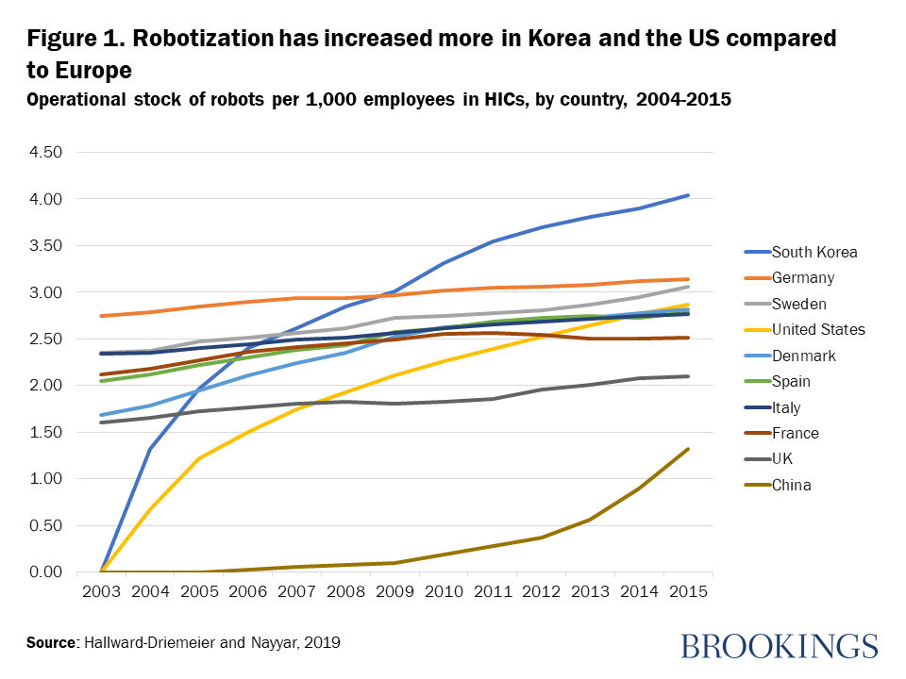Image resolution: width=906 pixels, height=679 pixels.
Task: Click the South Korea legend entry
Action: coord(814,252)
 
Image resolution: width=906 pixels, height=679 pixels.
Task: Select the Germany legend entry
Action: coord(803,277)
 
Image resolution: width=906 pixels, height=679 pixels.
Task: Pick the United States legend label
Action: coord(818,329)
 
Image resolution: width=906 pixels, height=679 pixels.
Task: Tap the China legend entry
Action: coord(791,485)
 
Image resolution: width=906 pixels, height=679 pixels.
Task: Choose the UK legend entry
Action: coord(783,459)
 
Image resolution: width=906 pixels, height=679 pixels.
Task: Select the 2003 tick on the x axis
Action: coord(100,591)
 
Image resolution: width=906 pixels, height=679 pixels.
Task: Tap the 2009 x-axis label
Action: coord(394,591)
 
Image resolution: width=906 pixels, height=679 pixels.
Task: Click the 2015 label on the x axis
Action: coord(689,591)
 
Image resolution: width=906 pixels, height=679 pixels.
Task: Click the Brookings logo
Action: coord(779,645)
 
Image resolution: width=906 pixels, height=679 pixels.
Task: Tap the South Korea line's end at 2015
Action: coord(689,195)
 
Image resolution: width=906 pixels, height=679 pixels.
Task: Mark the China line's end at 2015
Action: coord(689,449)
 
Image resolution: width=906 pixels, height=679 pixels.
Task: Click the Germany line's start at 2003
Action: coord(100,316)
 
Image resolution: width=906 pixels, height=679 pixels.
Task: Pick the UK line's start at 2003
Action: coord(100,422)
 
